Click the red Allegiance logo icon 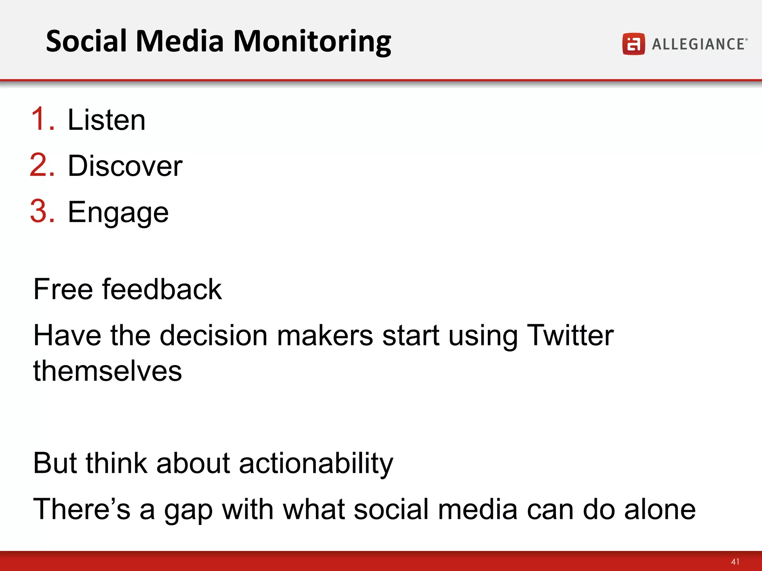[x=633, y=44]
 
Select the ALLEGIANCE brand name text [x=699, y=44]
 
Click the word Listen [x=106, y=120]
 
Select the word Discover [x=125, y=166]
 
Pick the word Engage [x=118, y=213]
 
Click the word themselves [x=108, y=371]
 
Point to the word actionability [x=316, y=464]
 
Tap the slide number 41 [x=735, y=561]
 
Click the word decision [x=214, y=335]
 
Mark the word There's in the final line [x=81, y=509]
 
